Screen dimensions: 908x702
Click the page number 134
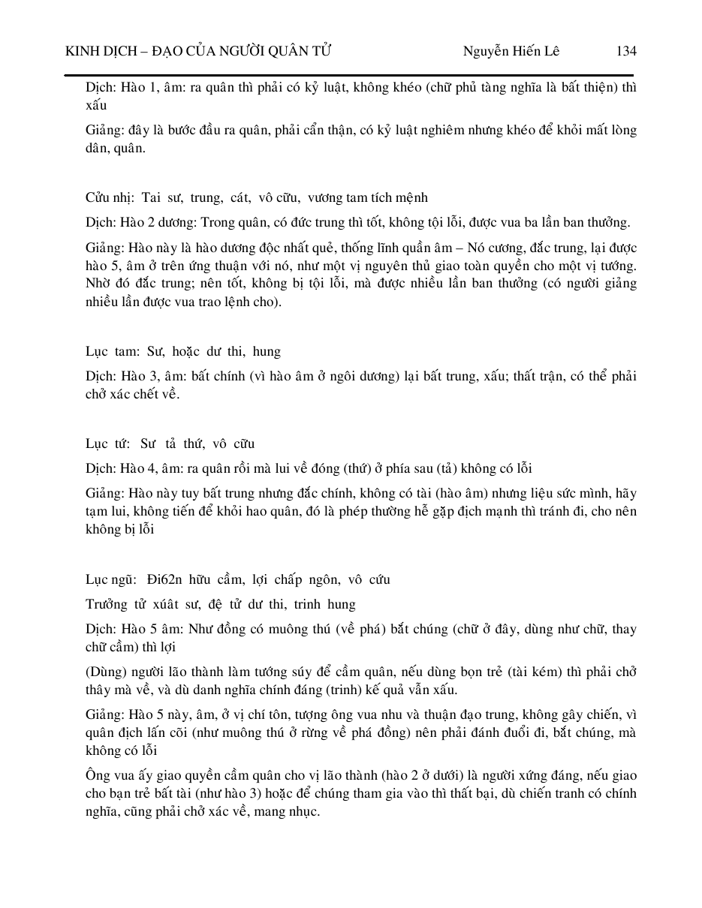coord(625,51)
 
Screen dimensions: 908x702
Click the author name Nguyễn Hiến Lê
coord(511,51)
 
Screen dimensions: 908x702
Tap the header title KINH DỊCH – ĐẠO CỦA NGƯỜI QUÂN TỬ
coord(199,51)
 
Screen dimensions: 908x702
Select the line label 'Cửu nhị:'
coord(107,198)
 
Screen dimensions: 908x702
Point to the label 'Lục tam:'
coord(107,351)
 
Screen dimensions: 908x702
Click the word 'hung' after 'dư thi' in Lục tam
coord(267,351)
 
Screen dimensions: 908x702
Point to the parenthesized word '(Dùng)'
coord(104,672)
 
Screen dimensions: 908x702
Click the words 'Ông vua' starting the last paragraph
coord(108,775)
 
